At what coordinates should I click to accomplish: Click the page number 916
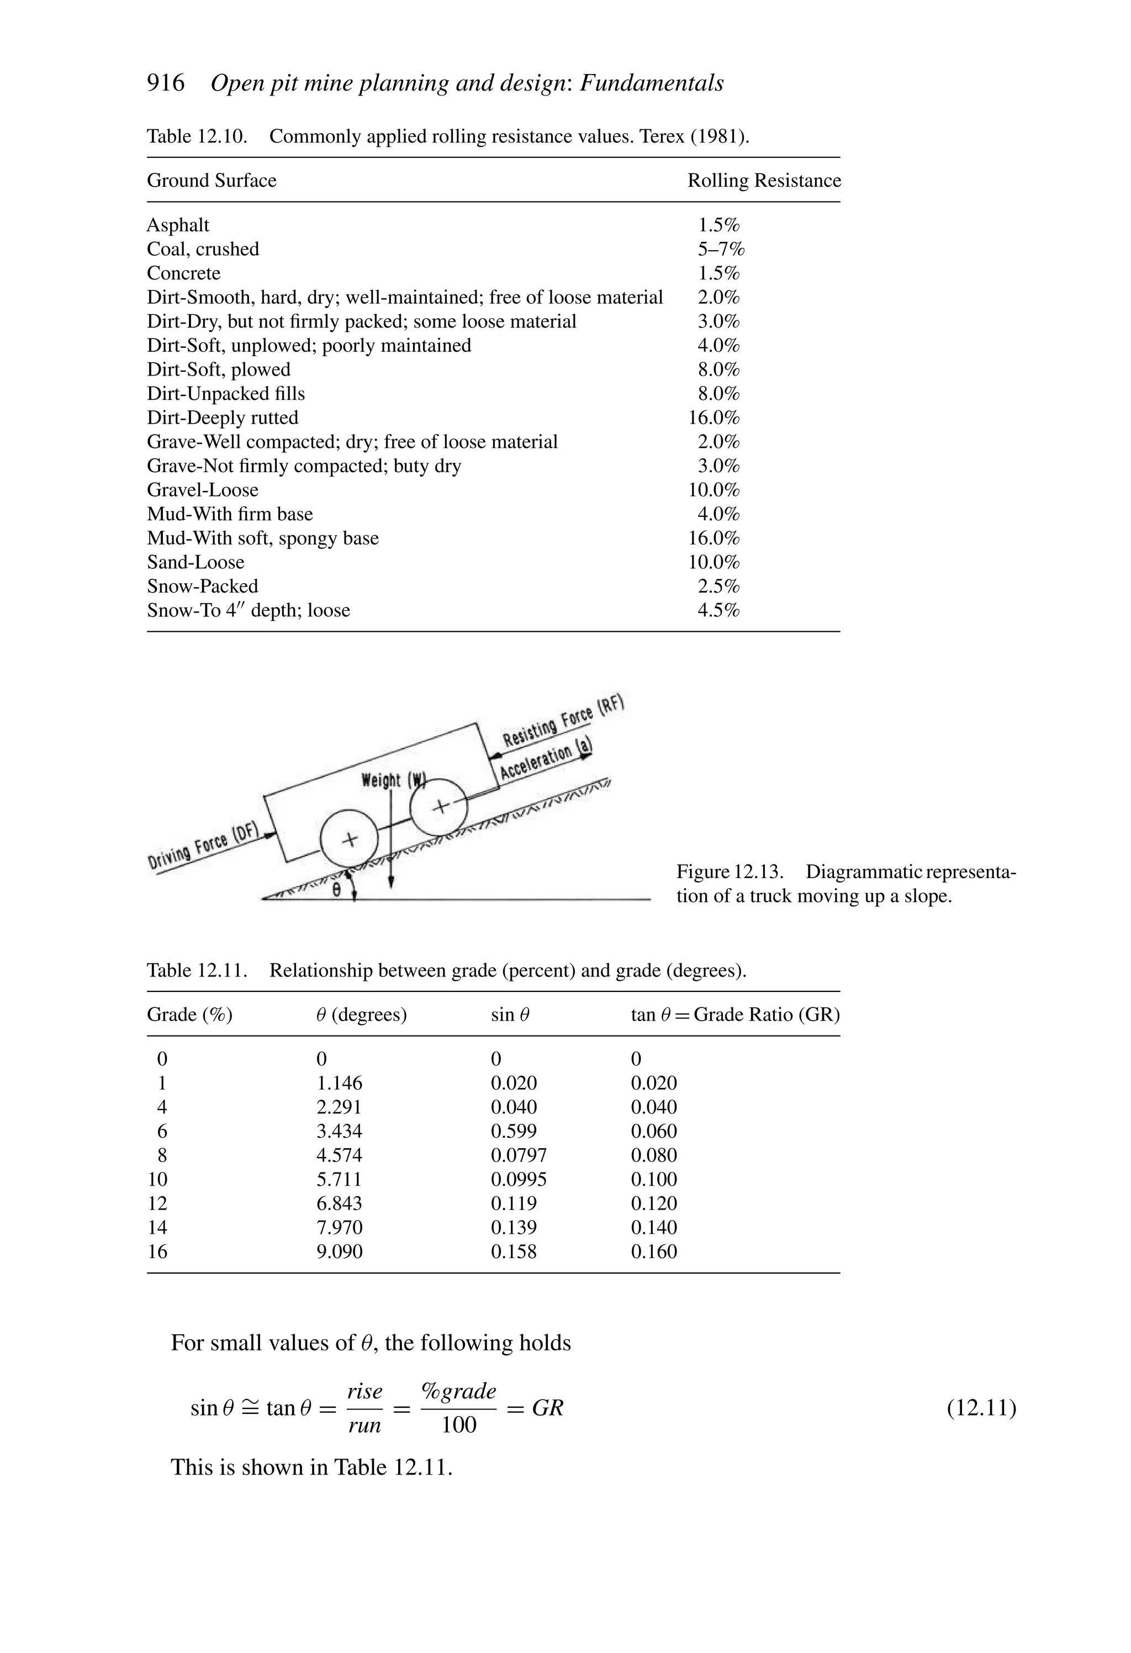click(165, 83)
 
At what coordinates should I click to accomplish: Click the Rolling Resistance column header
click(763, 181)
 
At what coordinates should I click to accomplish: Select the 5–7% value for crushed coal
click(720, 249)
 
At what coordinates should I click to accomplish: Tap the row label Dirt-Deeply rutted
click(223, 418)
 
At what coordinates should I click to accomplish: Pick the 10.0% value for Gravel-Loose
click(714, 490)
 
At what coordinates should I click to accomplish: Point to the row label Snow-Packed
click(203, 586)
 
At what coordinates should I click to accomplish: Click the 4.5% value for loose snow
click(718, 610)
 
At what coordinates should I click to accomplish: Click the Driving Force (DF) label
click(203, 848)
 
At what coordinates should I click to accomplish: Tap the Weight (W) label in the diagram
click(393, 780)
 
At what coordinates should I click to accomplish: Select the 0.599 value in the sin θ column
click(514, 1131)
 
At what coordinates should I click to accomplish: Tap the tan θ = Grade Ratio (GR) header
click(735, 1014)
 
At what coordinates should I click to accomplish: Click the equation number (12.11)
click(981, 1408)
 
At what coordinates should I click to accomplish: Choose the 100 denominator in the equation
click(458, 1425)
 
